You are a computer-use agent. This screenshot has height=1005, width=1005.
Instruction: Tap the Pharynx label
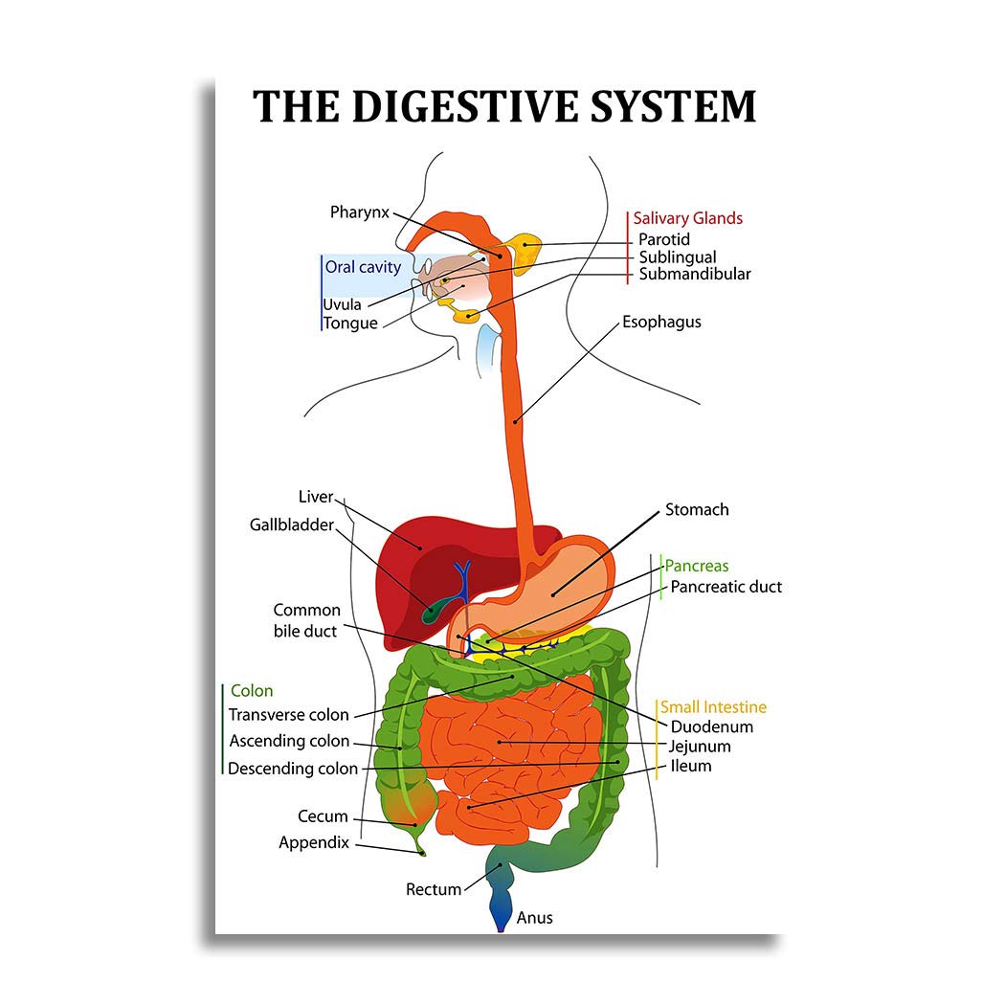click(360, 212)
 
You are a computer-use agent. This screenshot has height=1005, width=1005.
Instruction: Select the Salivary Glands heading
click(688, 218)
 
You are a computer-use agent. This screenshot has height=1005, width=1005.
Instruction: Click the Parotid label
click(664, 239)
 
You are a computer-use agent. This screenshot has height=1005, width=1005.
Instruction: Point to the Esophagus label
click(661, 323)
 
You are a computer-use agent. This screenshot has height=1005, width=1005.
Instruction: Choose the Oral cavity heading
click(363, 267)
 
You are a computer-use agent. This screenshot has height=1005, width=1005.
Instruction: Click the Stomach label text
click(697, 509)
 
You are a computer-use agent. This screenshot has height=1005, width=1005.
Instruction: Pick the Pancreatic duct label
click(726, 587)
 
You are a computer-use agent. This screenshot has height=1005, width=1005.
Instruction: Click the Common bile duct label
click(306, 620)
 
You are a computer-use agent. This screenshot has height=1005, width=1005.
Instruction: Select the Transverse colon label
click(288, 715)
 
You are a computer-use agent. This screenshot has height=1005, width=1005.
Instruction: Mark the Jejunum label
click(700, 747)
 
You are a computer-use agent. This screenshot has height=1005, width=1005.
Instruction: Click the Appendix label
click(314, 843)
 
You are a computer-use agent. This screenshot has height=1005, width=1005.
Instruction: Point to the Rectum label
click(434, 889)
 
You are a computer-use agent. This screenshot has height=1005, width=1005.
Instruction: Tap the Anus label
click(534, 918)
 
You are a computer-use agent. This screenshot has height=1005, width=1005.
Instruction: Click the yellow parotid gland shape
click(525, 252)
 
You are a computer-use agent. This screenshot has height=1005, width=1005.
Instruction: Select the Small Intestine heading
click(713, 707)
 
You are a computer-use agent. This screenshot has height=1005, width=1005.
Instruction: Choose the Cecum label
click(323, 816)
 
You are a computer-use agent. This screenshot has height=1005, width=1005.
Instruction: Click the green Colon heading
click(252, 691)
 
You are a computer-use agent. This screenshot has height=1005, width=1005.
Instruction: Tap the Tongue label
click(350, 324)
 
